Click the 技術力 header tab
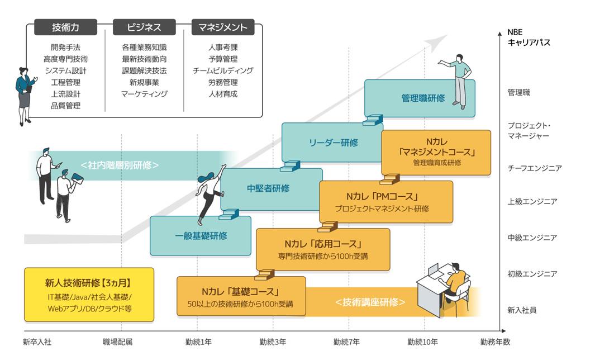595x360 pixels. (65, 27)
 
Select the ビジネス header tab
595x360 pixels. (144, 27)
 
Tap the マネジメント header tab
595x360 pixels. (222, 27)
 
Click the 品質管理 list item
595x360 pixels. (65, 106)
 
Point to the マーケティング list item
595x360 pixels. (144, 94)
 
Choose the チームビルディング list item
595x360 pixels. (223, 71)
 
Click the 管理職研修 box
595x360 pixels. (423, 98)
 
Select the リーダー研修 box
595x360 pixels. (334, 143)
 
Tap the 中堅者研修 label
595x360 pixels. (268, 188)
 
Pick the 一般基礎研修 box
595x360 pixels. (201, 235)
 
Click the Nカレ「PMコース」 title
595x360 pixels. (382, 197)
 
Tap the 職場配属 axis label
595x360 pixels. (118, 342)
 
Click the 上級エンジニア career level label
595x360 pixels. (532, 202)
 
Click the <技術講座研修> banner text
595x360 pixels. (370, 302)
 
